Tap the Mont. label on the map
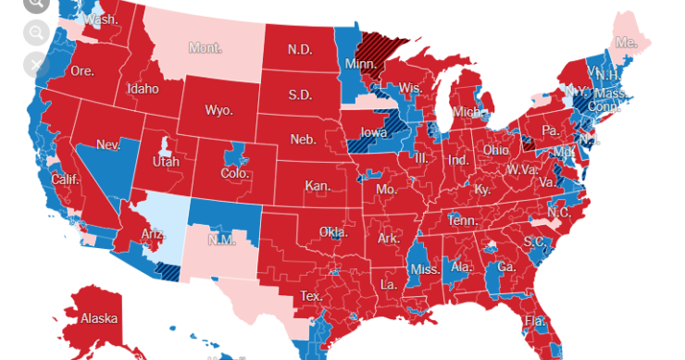click(x=205, y=47)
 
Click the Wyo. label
click(x=218, y=110)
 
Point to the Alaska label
click(x=99, y=318)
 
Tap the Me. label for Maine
click(x=627, y=43)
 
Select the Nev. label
click(x=109, y=145)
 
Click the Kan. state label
click(x=318, y=186)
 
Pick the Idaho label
click(x=145, y=89)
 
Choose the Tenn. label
click(x=462, y=221)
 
